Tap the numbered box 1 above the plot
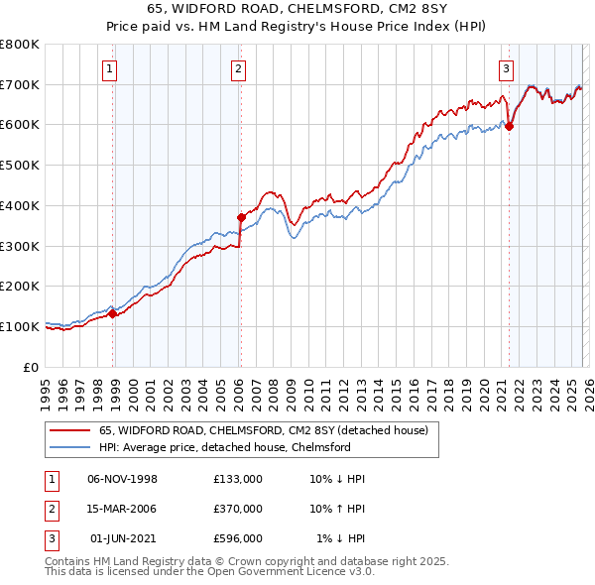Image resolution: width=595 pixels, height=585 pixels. pyautogui.click(x=108, y=68)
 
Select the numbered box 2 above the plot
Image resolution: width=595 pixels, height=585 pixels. pyautogui.click(x=240, y=68)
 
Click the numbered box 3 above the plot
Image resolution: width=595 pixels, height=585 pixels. pyautogui.click(x=506, y=68)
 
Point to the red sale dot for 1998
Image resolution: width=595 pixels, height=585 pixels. pyautogui.click(x=112, y=313)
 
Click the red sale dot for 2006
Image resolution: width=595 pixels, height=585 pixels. pyautogui.click(x=241, y=216)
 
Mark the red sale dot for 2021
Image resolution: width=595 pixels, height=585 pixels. pyautogui.click(x=510, y=126)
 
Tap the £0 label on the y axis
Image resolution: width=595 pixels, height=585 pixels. pyautogui.click(x=30, y=367)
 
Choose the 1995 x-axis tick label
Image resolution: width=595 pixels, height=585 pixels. pyautogui.click(x=46, y=390)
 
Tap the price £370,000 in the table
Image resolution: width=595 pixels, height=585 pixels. pyautogui.click(x=238, y=509)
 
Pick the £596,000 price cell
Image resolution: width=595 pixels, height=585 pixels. pyautogui.click(x=238, y=538)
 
